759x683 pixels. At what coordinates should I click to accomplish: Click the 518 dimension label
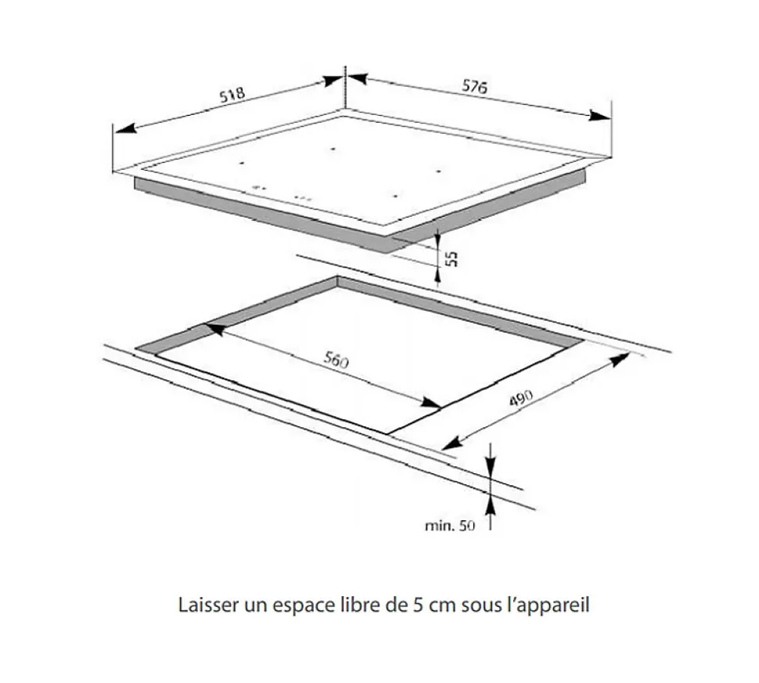[232, 95]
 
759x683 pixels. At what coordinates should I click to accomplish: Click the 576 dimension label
[474, 87]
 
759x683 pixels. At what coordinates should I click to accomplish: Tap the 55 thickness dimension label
[451, 258]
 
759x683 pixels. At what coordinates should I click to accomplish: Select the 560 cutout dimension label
[336, 361]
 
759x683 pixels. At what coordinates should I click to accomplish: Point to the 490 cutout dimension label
[520, 399]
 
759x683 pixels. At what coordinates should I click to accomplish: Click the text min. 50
[449, 527]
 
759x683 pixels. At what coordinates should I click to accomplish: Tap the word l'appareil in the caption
[555, 606]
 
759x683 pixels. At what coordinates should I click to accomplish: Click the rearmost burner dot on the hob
[333, 149]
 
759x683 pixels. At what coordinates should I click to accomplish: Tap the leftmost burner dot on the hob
[243, 164]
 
